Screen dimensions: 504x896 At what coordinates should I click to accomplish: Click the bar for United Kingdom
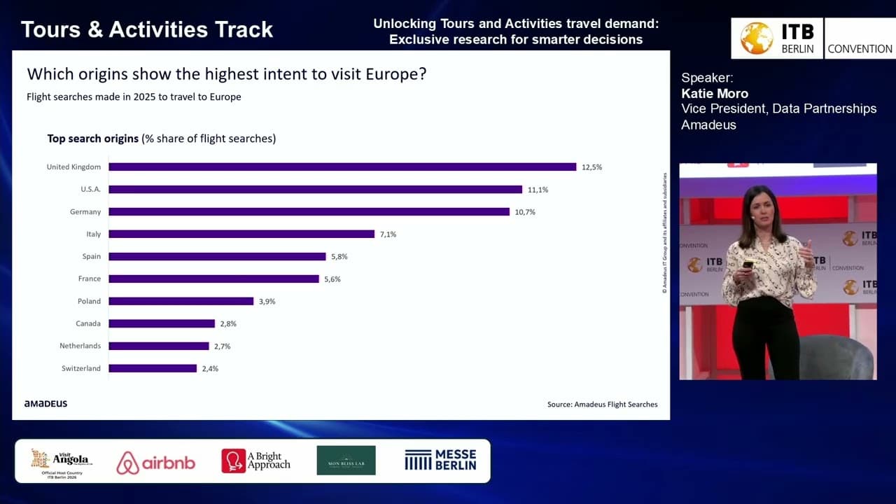342,167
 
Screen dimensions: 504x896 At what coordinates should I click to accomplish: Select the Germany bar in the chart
309,211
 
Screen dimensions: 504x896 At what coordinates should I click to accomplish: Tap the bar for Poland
181,301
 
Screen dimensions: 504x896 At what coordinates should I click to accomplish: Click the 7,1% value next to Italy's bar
388,234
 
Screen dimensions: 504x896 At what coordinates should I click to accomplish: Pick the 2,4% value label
210,368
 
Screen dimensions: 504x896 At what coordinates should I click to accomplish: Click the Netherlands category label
80,346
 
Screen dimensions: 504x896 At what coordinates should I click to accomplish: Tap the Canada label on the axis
88,323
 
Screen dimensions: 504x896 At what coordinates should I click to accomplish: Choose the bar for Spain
217,256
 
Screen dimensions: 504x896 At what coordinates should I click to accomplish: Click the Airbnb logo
155,462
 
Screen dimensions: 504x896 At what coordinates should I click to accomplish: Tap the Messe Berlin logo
440,460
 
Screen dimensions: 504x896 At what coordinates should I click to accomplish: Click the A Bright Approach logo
255,461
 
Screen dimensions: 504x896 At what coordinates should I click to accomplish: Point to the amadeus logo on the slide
45,404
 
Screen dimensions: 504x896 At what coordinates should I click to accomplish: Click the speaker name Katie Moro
715,93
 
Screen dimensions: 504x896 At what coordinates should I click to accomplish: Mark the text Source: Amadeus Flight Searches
602,404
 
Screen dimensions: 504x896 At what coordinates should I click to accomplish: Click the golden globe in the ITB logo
756,38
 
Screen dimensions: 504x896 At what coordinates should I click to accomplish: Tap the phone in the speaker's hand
747,264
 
